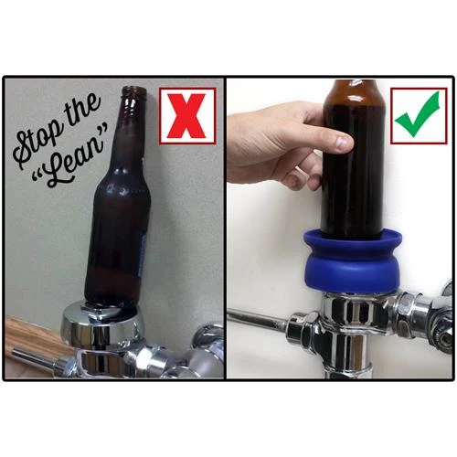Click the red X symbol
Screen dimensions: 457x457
click(x=187, y=115)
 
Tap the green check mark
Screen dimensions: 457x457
click(x=418, y=115)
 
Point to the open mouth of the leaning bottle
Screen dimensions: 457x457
click(x=134, y=89)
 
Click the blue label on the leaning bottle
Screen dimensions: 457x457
click(x=141, y=257)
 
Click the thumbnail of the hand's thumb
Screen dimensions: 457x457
click(x=344, y=141)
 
